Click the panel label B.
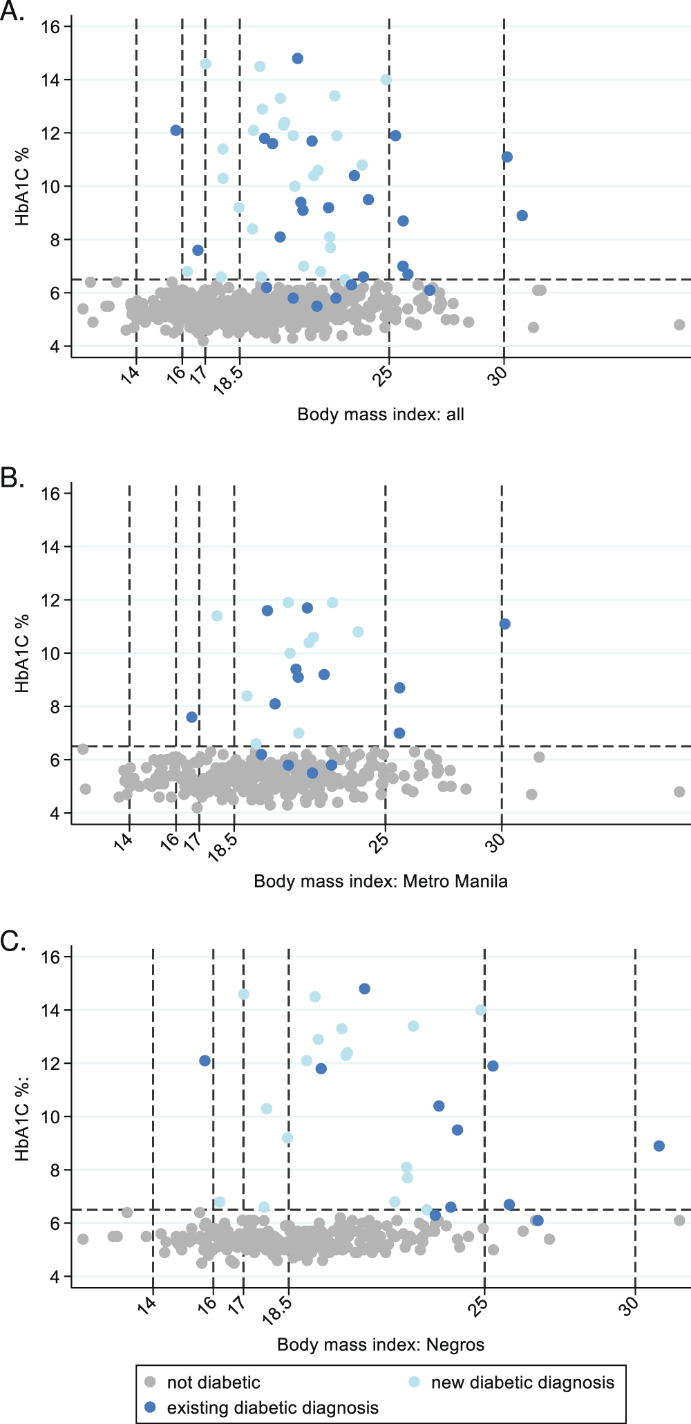point(12,477)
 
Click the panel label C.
point(12,941)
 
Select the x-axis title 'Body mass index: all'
point(380,415)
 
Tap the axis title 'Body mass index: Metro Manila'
point(380,881)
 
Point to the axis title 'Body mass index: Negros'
point(380,1345)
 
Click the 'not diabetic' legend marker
point(150,1382)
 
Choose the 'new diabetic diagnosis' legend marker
point(414,1382)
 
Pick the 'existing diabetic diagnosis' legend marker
point(150,1407)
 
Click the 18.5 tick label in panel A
point(229,379)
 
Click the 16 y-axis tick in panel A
point(50,27)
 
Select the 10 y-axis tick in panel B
point(50,653)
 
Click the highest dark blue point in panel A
point(297,59)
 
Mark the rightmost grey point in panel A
point(679,325)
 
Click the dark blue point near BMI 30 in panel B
point(504,624)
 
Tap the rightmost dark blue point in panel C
point(659,1146)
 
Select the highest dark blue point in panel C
point(364,989)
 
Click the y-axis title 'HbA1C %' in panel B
point(22,653)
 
